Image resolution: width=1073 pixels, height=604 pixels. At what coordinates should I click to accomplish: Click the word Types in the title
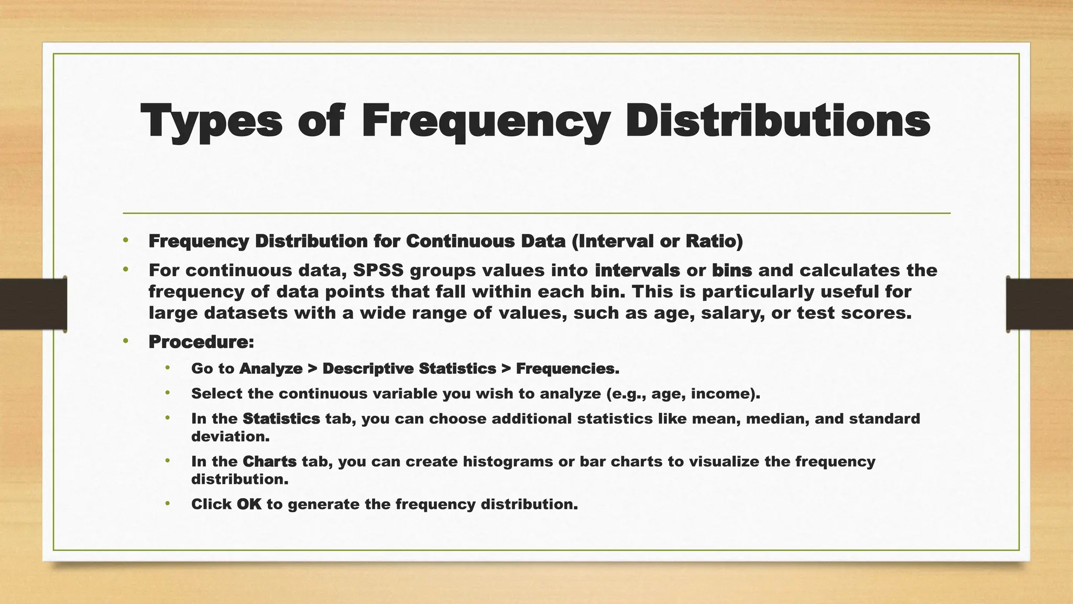coord(211,122)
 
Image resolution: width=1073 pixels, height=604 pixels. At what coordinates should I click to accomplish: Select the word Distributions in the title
coord(778,121)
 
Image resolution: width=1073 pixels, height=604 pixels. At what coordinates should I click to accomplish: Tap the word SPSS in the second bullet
coord(378,271)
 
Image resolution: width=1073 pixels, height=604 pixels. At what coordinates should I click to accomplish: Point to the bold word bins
coord(731,271)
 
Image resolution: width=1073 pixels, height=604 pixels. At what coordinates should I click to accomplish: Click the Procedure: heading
coord(201,342)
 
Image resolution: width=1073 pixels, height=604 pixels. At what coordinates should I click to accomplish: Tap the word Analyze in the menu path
coord(271,369)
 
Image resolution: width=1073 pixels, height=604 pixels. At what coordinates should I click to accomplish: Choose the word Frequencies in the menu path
coord(567,369)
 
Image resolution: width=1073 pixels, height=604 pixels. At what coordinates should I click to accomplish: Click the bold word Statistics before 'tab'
coord(281,419)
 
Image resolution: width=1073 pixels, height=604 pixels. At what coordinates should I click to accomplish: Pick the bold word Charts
coord(270,461)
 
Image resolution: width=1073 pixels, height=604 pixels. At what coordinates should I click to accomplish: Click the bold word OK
coord(249,504)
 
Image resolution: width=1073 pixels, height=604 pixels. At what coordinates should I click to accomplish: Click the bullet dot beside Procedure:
coord(125,341)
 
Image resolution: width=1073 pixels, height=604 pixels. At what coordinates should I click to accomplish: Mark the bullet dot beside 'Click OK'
coord(168,504)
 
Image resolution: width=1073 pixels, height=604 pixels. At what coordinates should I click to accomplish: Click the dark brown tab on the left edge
coord(33,304)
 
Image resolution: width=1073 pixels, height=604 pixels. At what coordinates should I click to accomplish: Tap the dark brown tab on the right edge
coord(1039,304)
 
